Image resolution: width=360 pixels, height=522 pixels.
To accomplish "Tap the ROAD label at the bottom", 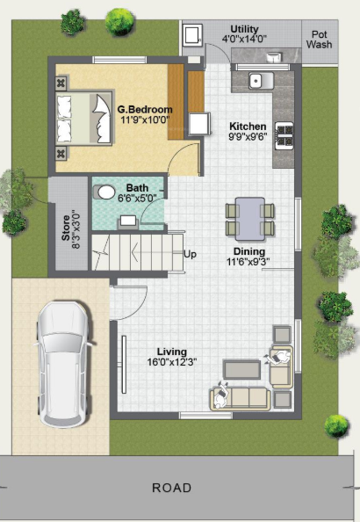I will [171, 488].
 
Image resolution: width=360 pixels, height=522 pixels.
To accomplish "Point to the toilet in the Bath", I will [105, 191].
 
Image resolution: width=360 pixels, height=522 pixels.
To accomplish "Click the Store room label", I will [66, 225].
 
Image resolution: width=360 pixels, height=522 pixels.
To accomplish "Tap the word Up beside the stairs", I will [190, 255].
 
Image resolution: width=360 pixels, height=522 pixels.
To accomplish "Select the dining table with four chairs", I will [250, 218].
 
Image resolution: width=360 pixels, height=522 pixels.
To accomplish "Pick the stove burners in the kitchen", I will [285, 135].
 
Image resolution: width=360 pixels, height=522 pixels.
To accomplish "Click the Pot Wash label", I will [320, 40].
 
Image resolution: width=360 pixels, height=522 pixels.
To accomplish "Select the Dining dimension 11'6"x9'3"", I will [248, 261].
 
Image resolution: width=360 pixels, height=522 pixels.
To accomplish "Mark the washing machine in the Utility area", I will [192, 34].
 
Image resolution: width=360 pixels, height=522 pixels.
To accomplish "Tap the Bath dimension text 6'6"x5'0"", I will [137, 199].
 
